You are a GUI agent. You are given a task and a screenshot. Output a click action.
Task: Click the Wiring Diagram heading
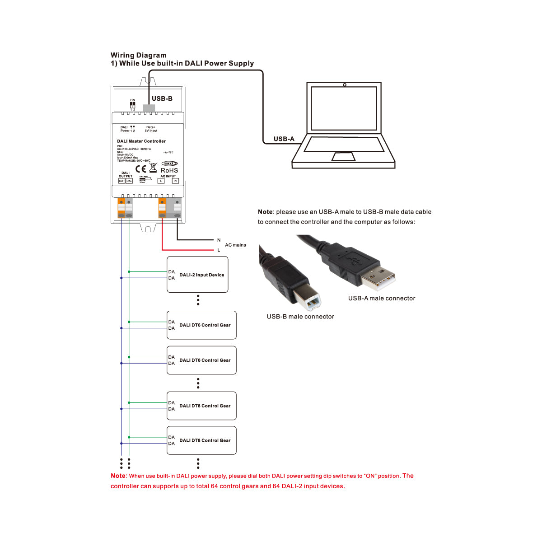coord(139,55)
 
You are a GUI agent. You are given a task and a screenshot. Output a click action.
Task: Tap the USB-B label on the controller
coord(162,98)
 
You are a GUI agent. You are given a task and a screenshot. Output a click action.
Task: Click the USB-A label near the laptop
coord(284,139)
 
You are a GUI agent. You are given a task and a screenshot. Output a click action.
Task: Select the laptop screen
coord(344,108)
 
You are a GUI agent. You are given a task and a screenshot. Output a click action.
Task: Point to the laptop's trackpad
coord(343,157)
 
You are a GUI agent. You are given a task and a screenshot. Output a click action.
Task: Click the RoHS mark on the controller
coord(169,170)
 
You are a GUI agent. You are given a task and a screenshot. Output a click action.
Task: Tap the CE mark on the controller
coord(141,169)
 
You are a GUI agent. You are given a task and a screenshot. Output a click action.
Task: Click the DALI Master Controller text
coord(141,141)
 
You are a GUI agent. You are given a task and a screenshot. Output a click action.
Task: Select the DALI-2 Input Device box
coord(197,275)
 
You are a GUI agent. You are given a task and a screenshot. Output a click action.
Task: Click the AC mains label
coord(235,245)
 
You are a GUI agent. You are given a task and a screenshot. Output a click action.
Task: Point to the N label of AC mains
coord(219,240)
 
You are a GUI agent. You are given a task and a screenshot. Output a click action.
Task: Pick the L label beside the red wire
coord(219,250)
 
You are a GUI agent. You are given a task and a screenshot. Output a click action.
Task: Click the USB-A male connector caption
coord(381,298)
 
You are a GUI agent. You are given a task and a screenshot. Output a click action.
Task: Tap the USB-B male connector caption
coord(300,317)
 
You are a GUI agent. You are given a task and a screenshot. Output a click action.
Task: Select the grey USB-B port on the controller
coord(149,108)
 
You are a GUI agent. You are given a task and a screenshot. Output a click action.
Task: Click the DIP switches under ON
coord(132,104)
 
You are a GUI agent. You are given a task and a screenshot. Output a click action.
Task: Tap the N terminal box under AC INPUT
coord(175,181)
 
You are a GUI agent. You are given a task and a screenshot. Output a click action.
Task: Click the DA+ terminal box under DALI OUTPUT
coord(121,181)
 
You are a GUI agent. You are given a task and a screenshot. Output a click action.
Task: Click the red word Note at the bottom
coord(118,476)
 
